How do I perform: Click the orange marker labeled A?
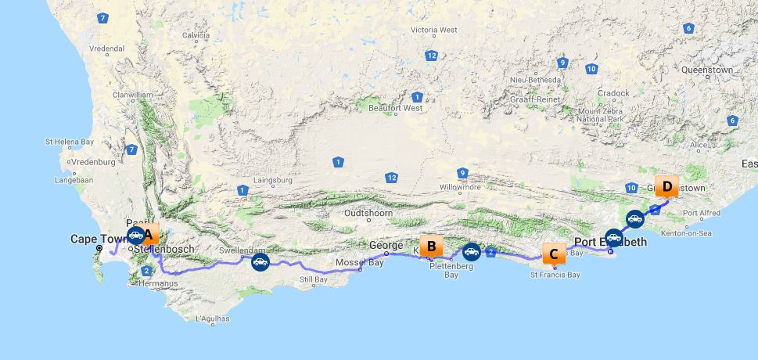pyautogui.click(x=149, y=233)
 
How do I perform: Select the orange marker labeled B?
pyautogui.click(x=430, y=247)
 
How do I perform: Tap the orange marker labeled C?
pyautogui.click(x=554, y=254)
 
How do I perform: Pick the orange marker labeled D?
pyautogui.click(x=666, y=187)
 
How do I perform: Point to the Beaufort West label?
pyautogui.click(x=401, y=108)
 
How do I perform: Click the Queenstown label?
pyautogui.click(x=707, y=70)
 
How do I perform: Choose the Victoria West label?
pyautogui.click(x=433, y=30)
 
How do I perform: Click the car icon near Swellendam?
pyautogui.click(x=260, y=261)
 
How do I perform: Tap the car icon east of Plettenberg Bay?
pyautogui.click(x=470, y=251)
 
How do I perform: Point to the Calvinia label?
pyautogui.click(x=196, y=35)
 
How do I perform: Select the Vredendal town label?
pyautogui.click(x=107, y=48)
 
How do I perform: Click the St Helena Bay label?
pyautogui.click(x=70, y=142)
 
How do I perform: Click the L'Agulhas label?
pyautogui.click(x=211, y=319)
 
